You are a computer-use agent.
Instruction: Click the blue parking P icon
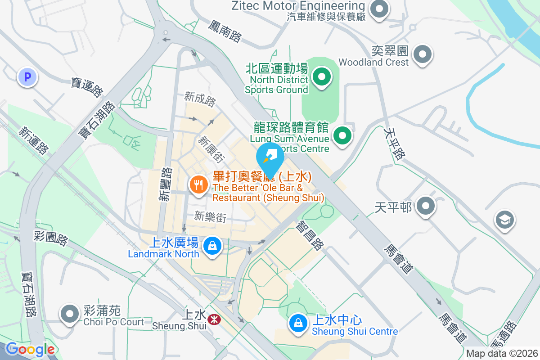27,77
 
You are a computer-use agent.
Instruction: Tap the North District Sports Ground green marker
321,76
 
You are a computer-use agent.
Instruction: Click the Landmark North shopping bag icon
211,246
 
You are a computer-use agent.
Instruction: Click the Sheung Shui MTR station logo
213,318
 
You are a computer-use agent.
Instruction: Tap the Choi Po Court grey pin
69,313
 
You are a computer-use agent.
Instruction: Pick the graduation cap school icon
504,220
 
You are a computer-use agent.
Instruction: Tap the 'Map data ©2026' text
502,354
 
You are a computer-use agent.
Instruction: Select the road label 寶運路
87,87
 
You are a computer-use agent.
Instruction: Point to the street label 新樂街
210,217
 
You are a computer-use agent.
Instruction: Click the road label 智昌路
310,235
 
